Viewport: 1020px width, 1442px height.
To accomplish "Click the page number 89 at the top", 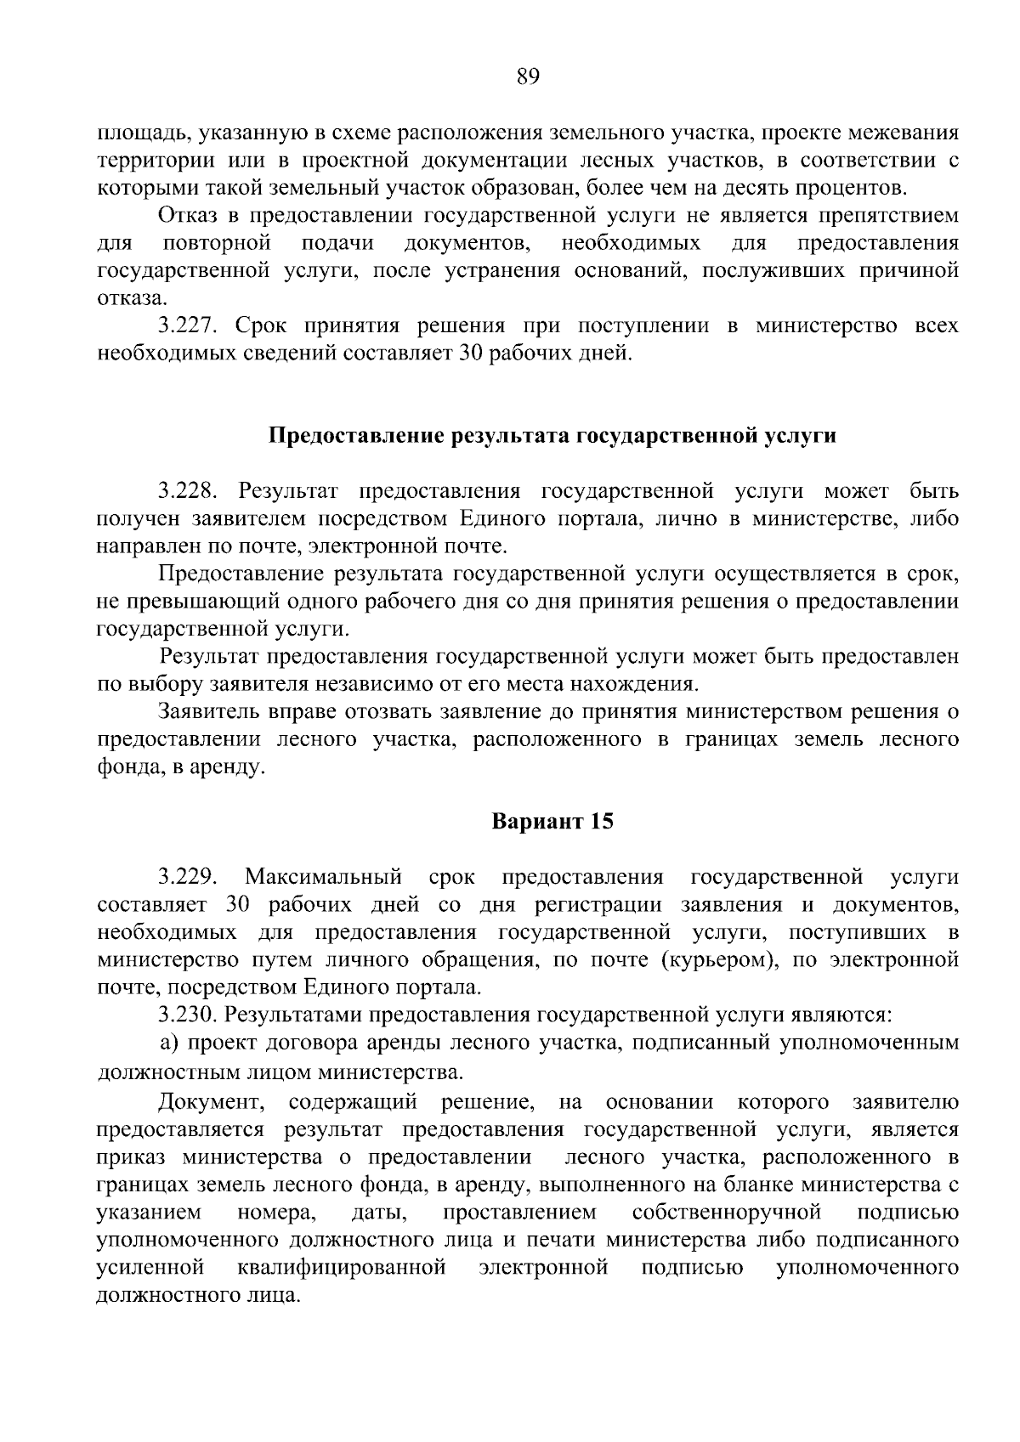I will click(528, 77).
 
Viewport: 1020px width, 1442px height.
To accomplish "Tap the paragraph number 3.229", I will click(189, 877).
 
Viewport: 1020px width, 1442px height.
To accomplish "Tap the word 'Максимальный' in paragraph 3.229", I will click(323, 877).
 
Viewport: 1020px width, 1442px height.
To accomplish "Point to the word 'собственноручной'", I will click(727, 1211).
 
